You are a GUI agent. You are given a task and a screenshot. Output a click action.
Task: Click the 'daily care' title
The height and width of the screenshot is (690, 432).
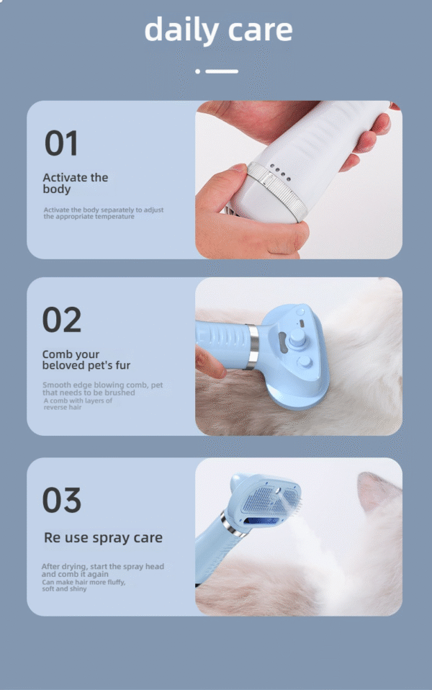coord(218,30)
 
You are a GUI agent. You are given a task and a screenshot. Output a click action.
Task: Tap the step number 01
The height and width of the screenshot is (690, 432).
coord(61,143)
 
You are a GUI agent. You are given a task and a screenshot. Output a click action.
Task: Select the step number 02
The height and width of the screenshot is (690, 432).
coord(62,320)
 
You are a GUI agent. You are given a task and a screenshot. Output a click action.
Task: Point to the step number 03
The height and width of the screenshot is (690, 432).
coord(62,500)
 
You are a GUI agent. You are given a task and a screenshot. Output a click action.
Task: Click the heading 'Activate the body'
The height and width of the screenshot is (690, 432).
coord(75,183)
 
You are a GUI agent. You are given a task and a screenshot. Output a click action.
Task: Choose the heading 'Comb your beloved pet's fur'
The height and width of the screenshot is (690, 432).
coord(86,359)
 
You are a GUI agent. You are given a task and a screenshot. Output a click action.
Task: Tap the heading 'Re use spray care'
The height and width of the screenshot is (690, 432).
coord(104,538)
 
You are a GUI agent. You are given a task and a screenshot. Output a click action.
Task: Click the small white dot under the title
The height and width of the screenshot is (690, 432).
coord(198,71)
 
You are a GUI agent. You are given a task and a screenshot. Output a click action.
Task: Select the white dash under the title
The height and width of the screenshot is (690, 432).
coord(222,71)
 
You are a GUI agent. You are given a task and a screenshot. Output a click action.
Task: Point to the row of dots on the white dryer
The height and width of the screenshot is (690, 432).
coord(280,173)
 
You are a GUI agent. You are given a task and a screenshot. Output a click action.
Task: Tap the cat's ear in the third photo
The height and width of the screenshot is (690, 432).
coord(376,490)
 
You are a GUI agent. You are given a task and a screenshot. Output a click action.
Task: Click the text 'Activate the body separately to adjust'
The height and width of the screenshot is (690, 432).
coord(104,210)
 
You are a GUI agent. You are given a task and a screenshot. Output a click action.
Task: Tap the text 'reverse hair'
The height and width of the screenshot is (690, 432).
coord(63,408)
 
